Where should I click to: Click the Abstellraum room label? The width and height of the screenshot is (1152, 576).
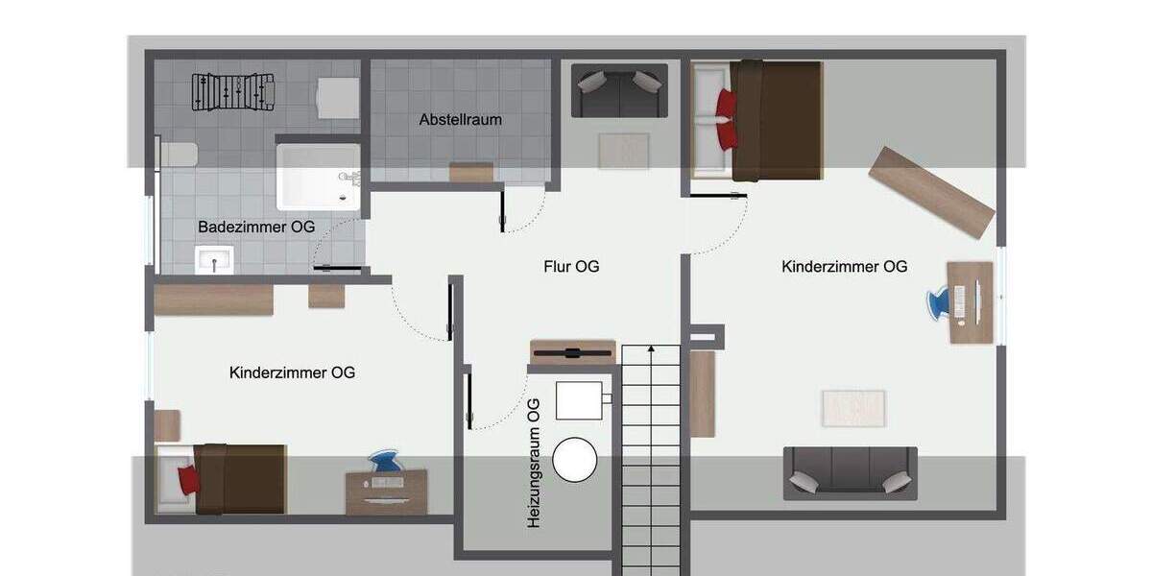[x=460, y=120]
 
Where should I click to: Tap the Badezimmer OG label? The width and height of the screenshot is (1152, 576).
[x=256, y=228]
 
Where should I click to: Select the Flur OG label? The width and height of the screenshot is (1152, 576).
[x=571, y=266]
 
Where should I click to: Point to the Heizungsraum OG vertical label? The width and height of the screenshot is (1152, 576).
[x=535, y=463]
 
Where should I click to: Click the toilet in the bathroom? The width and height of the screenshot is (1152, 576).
[x=179, y=154]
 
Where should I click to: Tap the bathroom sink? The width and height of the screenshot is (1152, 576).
[x=214, y=259]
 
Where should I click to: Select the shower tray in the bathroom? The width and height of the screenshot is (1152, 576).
[x=319, y=177]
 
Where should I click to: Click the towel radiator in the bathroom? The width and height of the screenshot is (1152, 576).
[x=233, y=93]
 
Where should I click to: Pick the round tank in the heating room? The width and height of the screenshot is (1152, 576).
[x=575, y=459]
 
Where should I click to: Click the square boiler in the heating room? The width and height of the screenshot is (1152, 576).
[x=580, y=399]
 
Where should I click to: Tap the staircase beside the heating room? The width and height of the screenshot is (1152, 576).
[x=651, y=461]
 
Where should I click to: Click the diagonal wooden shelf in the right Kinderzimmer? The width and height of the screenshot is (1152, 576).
[x=930, y=192]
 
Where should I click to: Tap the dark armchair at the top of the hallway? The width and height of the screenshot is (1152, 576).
[x=619, y=90]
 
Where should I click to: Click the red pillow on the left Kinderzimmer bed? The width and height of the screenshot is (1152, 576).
[x=188, y=479]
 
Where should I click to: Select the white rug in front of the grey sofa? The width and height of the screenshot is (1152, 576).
[x=853, y=407]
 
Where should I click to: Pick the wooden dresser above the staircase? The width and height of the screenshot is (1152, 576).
[x=572, y=350]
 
